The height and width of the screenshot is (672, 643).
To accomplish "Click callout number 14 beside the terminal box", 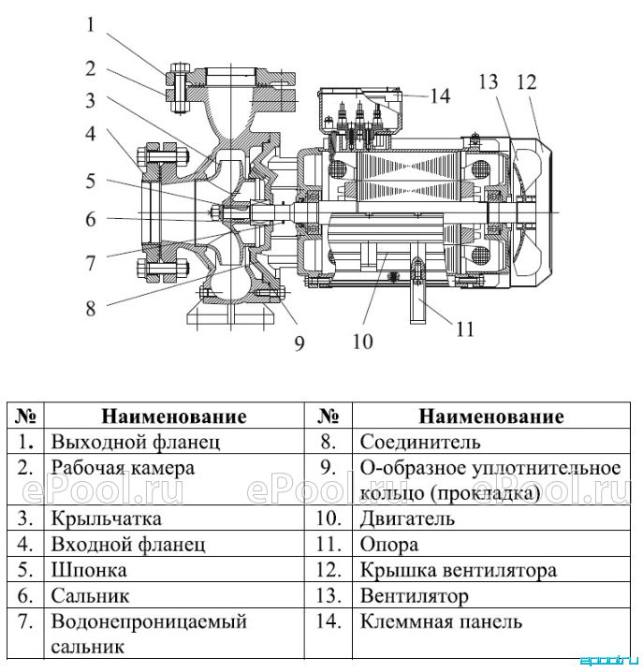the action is pyautogui.click(x=439, y=96).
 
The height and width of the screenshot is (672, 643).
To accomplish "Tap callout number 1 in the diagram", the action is pyautogui.click(x=90, y=24).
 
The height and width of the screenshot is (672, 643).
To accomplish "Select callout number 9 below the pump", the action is pyautogui.click(x=300, y=343).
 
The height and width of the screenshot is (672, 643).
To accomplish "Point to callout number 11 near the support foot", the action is pyautogui.click(x=465, y=330).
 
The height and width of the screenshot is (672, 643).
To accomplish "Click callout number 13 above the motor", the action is pyautogui.click(x=488, y=81).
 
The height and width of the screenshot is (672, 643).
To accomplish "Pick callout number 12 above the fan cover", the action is pyautogui.click(x=526, y=81).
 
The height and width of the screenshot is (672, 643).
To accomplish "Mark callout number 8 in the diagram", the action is pyautogui.click(x=91, y=308).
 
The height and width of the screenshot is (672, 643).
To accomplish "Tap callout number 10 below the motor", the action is pyautogui.click(x=362, y=342).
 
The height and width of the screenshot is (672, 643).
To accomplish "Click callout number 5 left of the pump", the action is pyautogui.click(x=91, y=181).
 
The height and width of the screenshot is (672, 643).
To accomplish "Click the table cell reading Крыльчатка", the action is pyautogui.click(x=107, y=519).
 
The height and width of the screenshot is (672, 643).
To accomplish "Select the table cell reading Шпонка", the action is pyautogui.click(x=89, y=570).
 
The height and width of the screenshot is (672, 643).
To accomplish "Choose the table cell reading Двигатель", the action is pyautogui.click(x=407, y=519).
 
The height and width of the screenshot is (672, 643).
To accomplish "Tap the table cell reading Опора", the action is pyautogui.click(x=389, y=545).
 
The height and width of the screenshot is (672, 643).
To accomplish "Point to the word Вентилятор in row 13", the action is pyautogui.click(x=415, y=595).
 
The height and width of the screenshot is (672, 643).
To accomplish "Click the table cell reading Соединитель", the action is pyautogui.click(x=420, y=442).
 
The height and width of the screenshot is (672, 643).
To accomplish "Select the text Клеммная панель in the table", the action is pyautogui.click(x=441, y=621).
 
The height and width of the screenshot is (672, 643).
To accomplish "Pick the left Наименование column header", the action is pyautogui.click(x=174, y=416).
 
